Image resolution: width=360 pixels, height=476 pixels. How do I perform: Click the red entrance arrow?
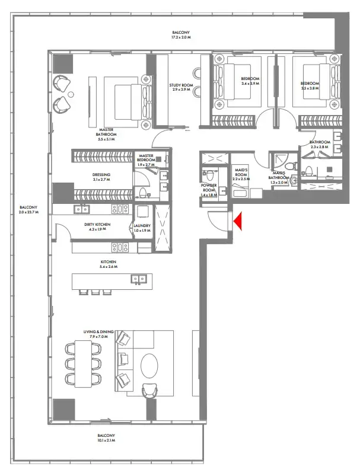point(238,221)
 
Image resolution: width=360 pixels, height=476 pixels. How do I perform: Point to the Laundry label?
point(142,228)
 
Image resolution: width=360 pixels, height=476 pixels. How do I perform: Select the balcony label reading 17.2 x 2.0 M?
point(181,35)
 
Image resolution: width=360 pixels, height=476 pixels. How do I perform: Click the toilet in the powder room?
point(208,175)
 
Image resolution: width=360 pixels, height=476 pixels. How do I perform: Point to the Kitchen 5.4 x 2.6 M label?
point(108,264)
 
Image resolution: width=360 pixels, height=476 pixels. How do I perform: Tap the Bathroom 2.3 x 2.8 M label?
point(321,145)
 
